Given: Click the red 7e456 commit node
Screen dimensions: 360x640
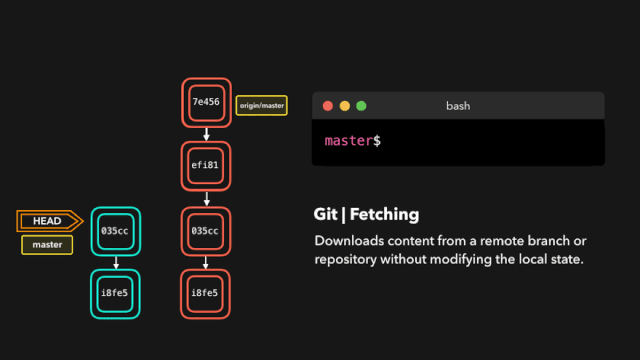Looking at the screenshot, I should click(205, 102).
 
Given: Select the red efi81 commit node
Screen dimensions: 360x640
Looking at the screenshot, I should click(205, 165).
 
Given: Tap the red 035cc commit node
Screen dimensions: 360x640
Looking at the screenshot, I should click(205, 230).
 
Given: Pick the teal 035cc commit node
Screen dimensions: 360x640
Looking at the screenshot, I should click(115, 230).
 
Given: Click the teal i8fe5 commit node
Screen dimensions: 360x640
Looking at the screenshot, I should click(115, 293).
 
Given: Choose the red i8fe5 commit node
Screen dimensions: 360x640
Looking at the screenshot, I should click(205, 293).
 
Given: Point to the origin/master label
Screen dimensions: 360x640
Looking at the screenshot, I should click(261, 104).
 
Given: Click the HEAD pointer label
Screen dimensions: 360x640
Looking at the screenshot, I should click(47, 221).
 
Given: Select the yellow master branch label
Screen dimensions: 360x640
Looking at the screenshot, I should click(47, 245).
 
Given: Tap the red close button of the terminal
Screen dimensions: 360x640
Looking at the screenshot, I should click(326, 106).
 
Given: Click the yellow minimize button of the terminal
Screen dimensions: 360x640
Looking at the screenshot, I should click(344, 106).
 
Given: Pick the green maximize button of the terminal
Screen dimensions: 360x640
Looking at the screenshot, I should click(361, 106).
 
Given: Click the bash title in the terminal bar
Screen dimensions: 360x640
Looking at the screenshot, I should click(458, 106).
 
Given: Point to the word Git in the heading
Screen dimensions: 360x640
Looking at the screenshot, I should click(326, 214).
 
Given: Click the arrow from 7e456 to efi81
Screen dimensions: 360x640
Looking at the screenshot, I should click(205, 134).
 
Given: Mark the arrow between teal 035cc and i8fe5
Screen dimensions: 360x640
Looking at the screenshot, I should click(115, 262).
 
